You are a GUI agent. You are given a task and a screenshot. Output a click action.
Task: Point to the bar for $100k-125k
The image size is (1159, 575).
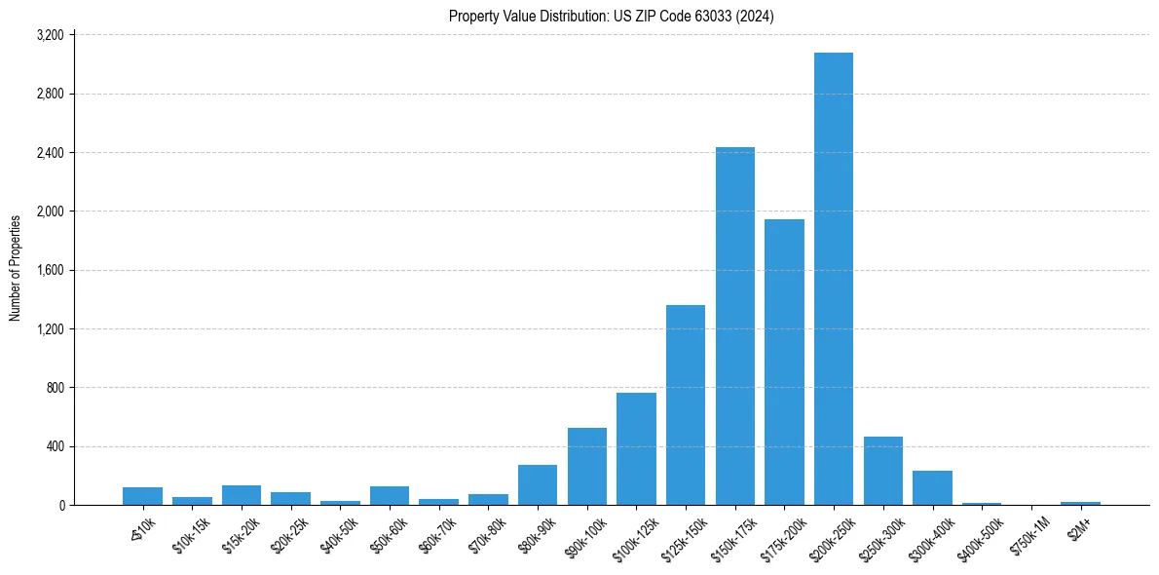636,449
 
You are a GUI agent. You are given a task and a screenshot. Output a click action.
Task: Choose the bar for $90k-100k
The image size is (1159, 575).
587,467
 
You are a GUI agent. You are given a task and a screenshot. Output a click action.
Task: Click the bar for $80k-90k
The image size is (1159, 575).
538,485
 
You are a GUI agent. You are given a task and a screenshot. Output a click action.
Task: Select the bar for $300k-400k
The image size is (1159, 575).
932,488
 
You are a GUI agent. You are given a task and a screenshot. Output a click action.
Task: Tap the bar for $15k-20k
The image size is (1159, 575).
242,495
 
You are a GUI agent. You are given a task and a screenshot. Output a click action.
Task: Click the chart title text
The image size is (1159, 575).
612,17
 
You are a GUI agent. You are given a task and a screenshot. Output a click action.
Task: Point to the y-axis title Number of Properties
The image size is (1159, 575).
16,268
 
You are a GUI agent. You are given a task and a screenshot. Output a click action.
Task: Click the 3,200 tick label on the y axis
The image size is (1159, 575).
50,35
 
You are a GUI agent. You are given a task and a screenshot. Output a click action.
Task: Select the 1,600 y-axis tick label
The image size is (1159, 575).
50,270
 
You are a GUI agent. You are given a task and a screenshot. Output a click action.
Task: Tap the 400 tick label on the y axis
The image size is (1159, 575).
55,446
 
